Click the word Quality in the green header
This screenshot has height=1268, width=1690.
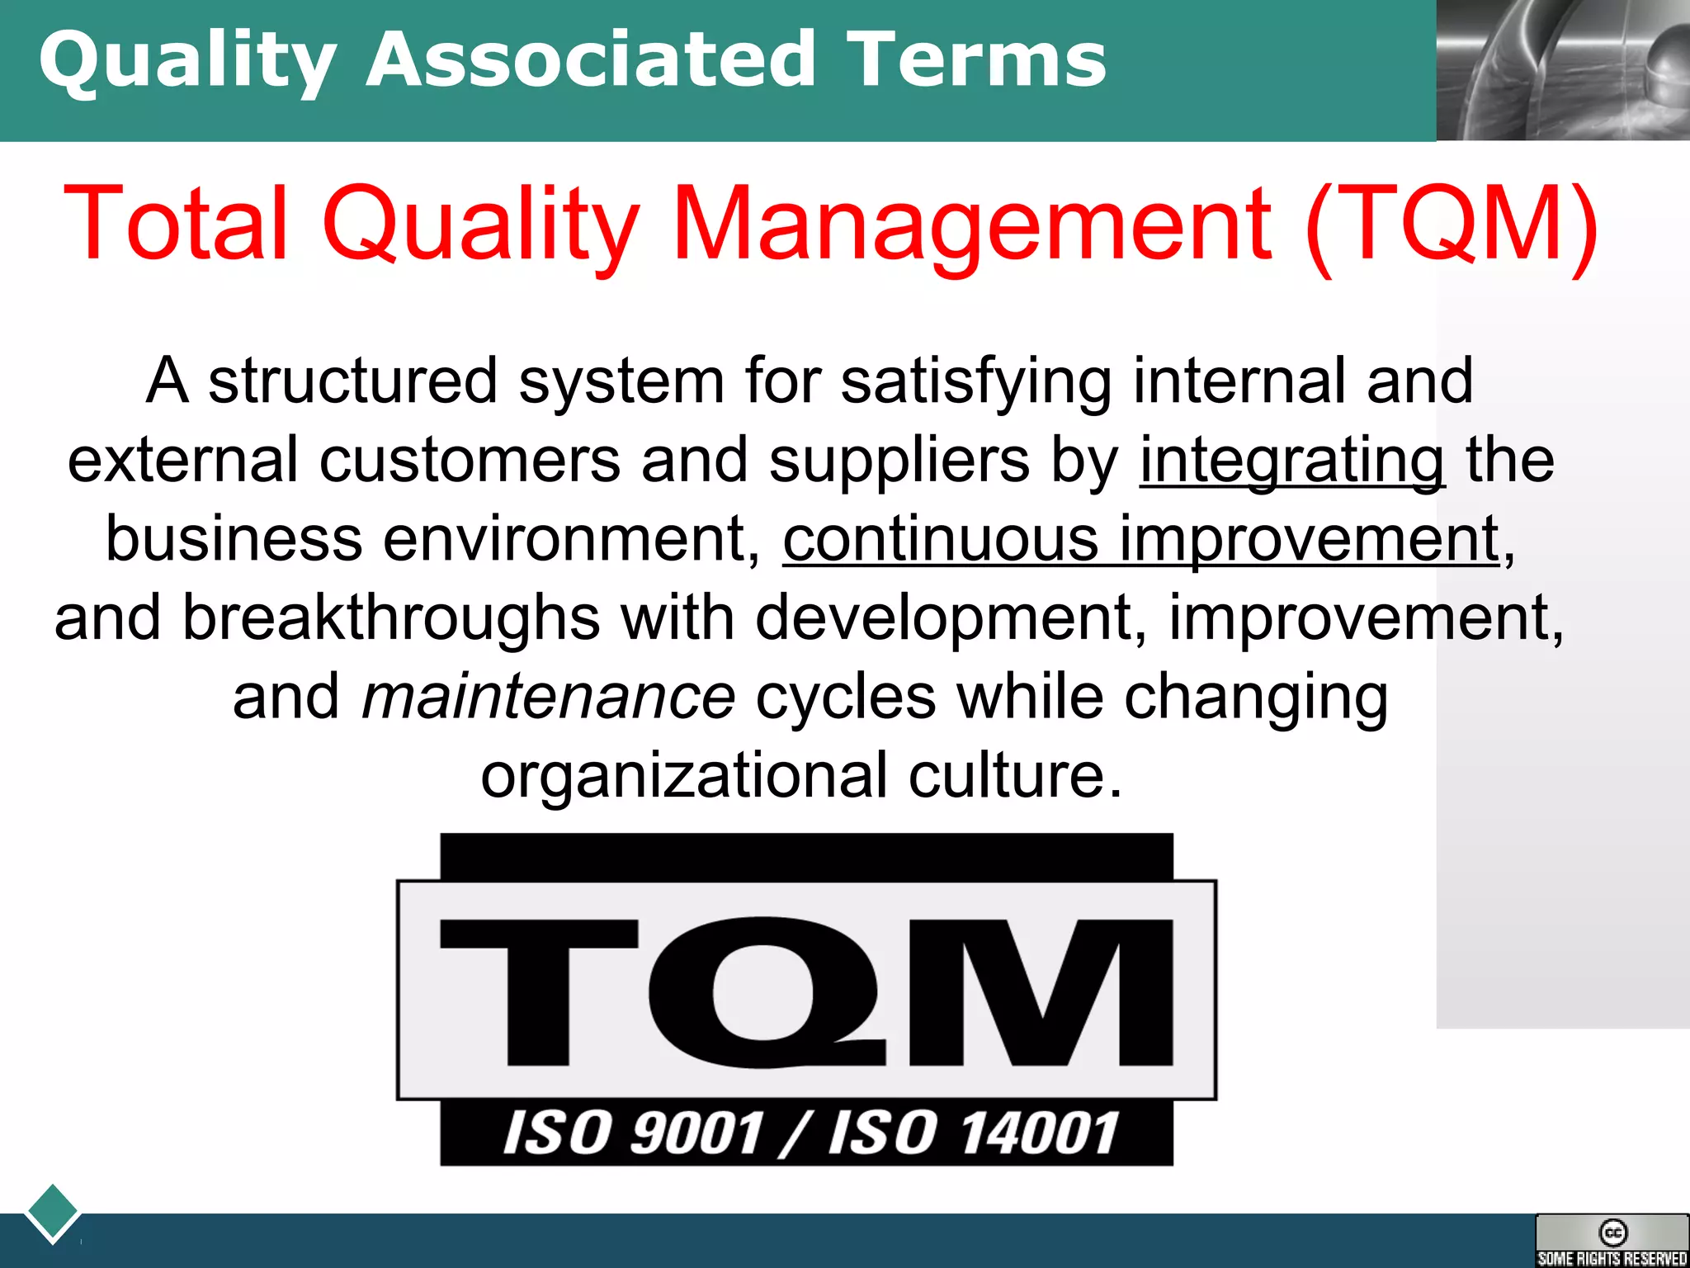(x=187, y=61)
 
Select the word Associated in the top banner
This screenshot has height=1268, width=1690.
(x=591, y=59)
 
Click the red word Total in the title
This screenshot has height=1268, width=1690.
(x=175, y=224)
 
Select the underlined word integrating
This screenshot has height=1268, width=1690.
(x=1291, y=460)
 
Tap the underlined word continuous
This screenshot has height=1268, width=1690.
(x=940, y=539)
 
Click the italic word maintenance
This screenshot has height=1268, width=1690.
(x=548, y=697)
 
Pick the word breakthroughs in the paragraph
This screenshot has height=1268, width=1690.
(x=391, y=617)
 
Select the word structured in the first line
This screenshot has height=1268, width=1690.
(x=352, y=381)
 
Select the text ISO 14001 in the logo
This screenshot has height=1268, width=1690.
(x=974, y=1133)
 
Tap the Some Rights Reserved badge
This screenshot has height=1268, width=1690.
(x=1612, y=1240)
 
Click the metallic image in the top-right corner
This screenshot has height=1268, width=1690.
(x=1563, y=70)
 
